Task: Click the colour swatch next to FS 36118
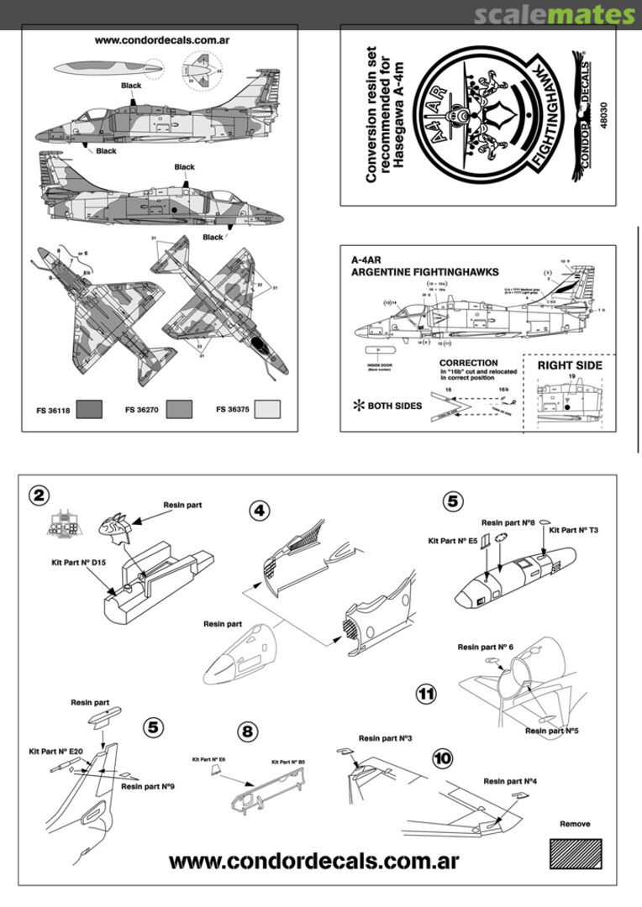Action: click(88, 409)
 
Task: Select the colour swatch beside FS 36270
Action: click(179, 409)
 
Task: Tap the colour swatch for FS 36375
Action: click(268, 409)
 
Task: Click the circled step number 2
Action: click(38, 495)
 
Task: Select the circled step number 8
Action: click(247, 731)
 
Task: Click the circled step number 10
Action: click(443, 757)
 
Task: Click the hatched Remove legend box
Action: click(576, 854)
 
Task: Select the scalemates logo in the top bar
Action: click(554, 14)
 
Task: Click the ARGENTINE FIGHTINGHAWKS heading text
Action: click(424, 272)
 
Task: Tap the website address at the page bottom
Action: click(313, 862)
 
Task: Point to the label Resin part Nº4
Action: click(508, 781)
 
